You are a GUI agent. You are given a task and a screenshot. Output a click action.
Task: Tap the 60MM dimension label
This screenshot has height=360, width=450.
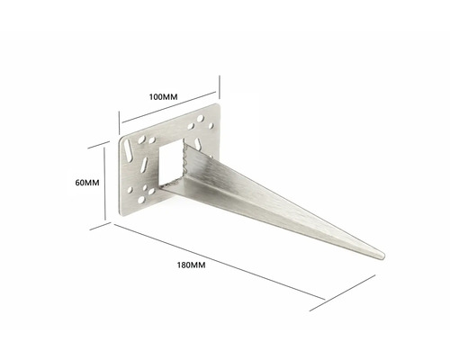click(x=86, y=182)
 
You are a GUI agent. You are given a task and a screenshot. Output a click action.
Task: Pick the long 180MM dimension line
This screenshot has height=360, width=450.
click(x=243, y=267)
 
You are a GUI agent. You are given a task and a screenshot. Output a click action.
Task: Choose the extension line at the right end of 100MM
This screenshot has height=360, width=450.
click(x=220, y=90)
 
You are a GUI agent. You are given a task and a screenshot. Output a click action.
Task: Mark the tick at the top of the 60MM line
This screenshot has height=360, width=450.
click(x=105, y=147)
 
